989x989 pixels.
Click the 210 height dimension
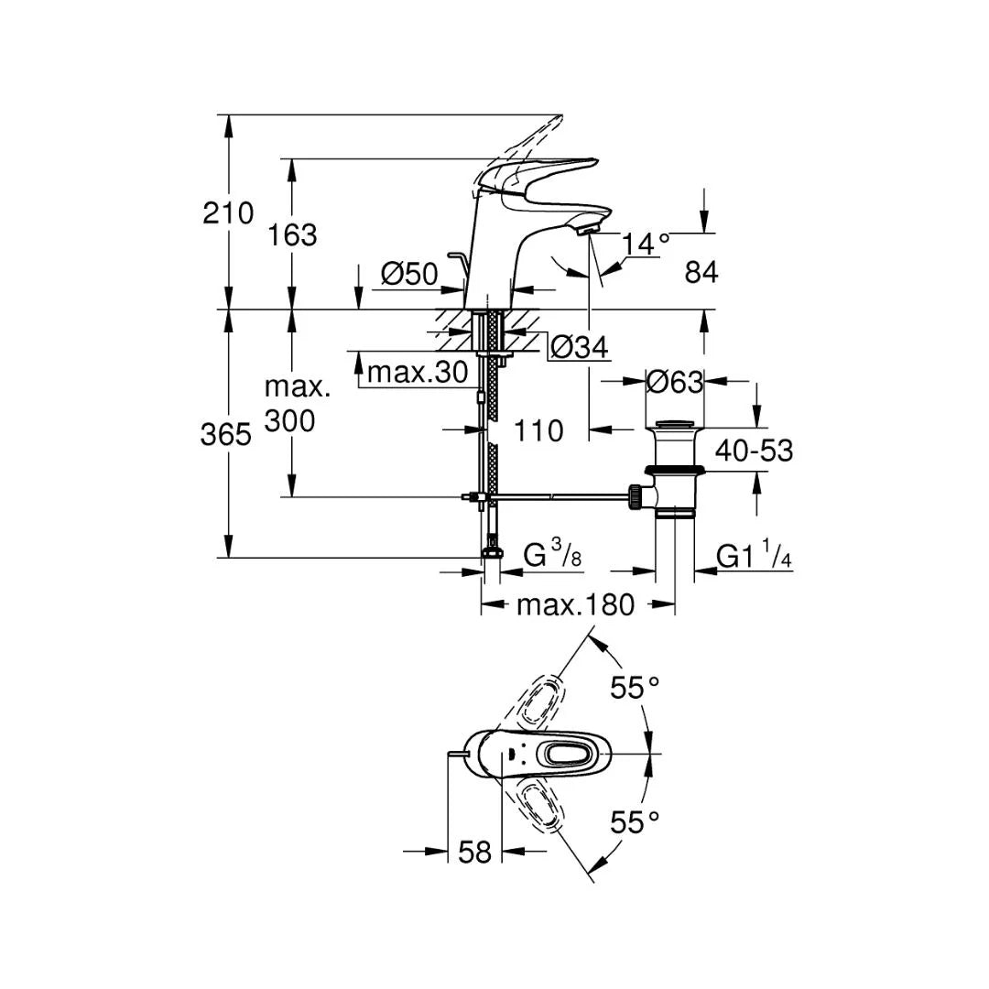(228, 213)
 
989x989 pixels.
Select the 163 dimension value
(292, 235)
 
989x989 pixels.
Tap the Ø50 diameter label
(409, 274)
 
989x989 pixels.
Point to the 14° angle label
(646, 244)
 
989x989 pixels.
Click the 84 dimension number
(701, 273)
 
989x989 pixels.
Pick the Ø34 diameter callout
(579, 346)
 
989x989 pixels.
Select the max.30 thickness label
(418, 372)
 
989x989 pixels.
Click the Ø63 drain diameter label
(674, 382)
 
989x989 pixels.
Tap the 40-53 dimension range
(755, 451)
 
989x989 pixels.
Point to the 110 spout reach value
(538, 430)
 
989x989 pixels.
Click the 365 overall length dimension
(226, 435)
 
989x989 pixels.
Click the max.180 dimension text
(575, 605)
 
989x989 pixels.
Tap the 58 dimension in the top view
(474, 853)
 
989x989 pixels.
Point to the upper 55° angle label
(635, 688)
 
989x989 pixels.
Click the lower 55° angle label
(635, 822)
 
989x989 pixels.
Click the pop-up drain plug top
(674, 425)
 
